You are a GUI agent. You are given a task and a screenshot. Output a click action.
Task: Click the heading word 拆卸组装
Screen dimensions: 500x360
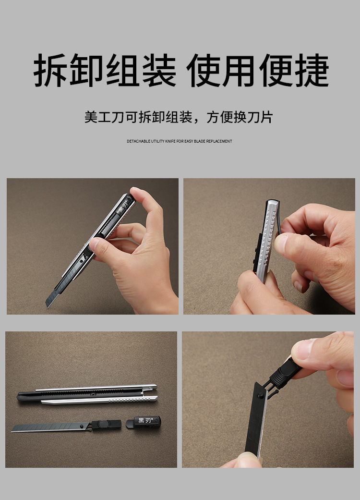[x=105, y=71]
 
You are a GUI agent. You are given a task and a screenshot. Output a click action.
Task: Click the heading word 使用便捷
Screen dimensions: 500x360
[x=258, y=71]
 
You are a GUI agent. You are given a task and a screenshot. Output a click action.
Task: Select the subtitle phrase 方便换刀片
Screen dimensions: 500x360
[x=240, y=117]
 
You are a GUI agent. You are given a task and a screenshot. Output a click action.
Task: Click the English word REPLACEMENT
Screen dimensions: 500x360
[x=219, y=141]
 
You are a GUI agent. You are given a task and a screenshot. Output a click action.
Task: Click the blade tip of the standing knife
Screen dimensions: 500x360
[x=49, y=302]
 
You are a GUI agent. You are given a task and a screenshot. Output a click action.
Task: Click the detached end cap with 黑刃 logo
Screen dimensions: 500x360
[x=143, y=422]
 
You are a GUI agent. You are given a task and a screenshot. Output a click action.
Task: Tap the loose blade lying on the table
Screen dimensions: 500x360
[x=48, y=427]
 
